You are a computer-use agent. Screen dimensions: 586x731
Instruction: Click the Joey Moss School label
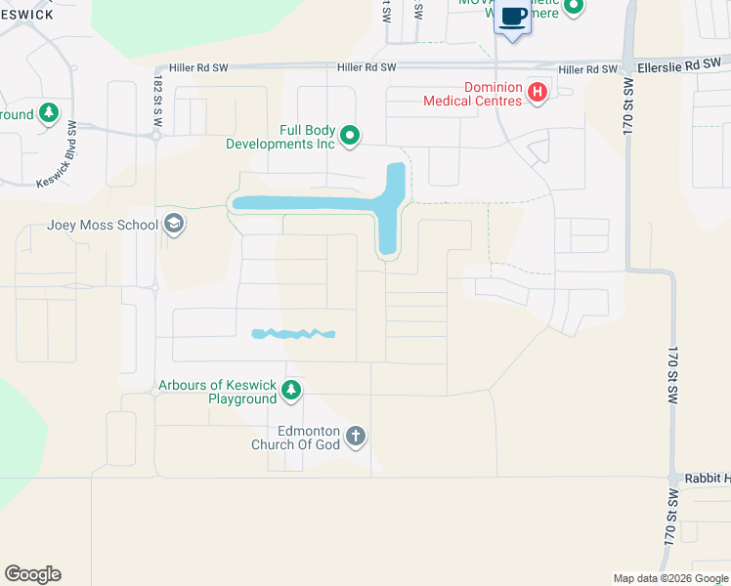pos(102,226)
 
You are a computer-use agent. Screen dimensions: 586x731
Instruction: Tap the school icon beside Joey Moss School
pos(174,226)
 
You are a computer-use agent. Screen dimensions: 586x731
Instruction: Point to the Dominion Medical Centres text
pos(474,93)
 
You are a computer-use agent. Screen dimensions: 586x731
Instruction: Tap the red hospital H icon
pos(537,93)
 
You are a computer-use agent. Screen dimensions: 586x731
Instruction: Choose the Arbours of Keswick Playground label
pos(217,392)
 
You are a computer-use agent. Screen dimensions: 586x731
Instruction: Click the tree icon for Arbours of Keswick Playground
pos(290,392)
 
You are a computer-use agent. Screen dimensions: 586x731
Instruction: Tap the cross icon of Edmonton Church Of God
pos(356,436)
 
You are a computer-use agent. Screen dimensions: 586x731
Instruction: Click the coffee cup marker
pos(513,18)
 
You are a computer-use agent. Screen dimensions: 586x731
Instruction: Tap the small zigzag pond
pos(292,334)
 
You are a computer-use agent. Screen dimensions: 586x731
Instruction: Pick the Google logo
pos(32,574)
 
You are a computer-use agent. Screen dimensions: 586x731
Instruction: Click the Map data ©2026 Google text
pos(669,578)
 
